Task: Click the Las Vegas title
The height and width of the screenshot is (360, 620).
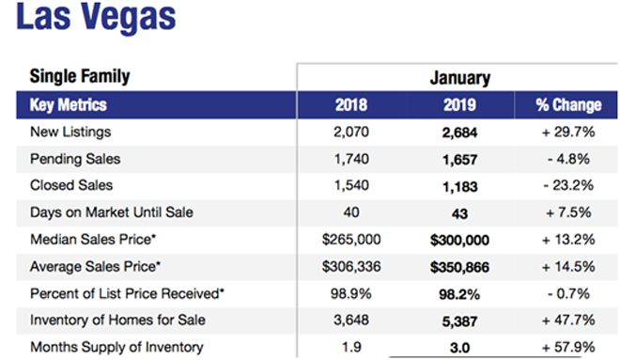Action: [x=96, y=18]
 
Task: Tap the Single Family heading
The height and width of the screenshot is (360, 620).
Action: [x=80, y=76]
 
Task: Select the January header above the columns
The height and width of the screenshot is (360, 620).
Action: [x=460, y=78]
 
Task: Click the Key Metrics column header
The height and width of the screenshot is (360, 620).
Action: [x=69, y=105]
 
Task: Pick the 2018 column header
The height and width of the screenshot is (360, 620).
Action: [x=351, y=105]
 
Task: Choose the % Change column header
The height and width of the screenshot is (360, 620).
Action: [x=568, y=105]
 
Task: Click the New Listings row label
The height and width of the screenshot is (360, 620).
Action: [x=70, y=132]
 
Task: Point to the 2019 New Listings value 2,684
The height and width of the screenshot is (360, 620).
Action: [x=459, y=133]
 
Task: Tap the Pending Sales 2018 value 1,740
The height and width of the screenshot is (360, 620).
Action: [x=351, y=159]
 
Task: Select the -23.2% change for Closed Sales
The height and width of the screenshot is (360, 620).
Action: [x=568, y=185]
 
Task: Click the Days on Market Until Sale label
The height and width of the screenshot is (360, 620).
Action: [x=112, y=212]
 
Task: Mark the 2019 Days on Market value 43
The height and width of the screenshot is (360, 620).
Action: [x=459, y=214]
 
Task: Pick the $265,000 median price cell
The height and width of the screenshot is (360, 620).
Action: [x=351, y=240]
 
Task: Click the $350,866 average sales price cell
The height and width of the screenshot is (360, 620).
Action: [x=459, y=268]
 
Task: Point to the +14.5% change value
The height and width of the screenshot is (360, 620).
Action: [x=568, y=267]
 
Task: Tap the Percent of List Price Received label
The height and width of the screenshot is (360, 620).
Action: [x=127, y=294]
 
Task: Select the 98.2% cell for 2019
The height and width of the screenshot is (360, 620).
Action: [x=459, y=294]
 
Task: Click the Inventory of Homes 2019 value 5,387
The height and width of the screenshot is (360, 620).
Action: [x=459, y=321]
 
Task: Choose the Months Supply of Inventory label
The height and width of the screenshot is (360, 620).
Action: [x=116, y=348]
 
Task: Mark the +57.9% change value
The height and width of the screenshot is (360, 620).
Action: [x=568, y=348]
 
